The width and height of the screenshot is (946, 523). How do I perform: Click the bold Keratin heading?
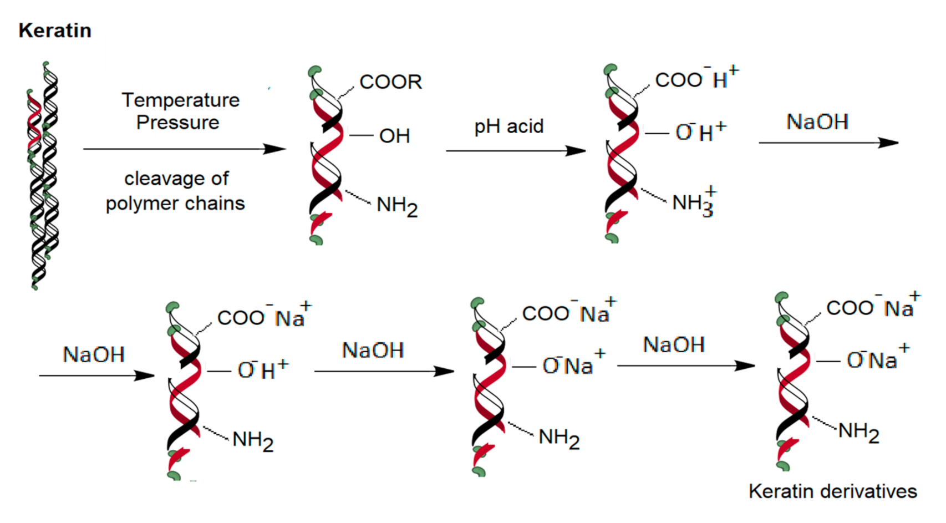(x=55, y=31)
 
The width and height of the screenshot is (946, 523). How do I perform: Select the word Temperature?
(x=181, y=100)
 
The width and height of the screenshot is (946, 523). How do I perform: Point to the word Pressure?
(x=178, y=123)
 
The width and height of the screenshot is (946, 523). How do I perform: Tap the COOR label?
(x=390, y=82)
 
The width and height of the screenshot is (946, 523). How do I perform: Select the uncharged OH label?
(x=394, y=136)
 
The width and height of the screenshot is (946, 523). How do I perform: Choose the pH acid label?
(x=508, y=126)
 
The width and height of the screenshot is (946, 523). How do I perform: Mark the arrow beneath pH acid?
(x=516, y=150)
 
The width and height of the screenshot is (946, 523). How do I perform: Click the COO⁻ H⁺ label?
(x=696, y=79)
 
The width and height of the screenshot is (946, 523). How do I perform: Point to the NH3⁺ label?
(x=694, y=202)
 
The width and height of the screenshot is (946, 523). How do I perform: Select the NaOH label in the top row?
(x=817, y=122)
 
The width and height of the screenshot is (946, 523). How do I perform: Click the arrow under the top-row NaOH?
(x=828, y=143)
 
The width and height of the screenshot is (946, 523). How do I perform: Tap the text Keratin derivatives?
(x=832, y=491)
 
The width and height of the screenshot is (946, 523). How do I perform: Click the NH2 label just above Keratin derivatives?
(x=858, y=431)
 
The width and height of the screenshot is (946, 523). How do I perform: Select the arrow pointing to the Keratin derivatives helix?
(x=686, y=365)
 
